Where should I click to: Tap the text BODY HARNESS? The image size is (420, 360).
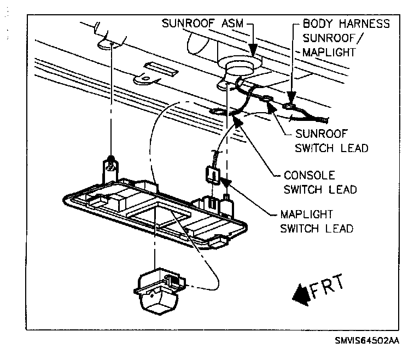pyautogui.click(x=347, y=24)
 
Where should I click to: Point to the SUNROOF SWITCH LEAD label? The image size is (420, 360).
pyautogui.click(x=331, y=141)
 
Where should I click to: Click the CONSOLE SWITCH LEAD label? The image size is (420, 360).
pyautogui.click(x=320, y=183)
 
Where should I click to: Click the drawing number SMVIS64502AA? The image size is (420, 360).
pyautogui.click(x=367, y=340)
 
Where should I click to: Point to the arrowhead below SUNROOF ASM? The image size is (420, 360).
pyautogui.click(x=253, y=52)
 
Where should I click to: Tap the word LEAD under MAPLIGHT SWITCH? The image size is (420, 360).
pyautogui.click(x=340, y=228)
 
